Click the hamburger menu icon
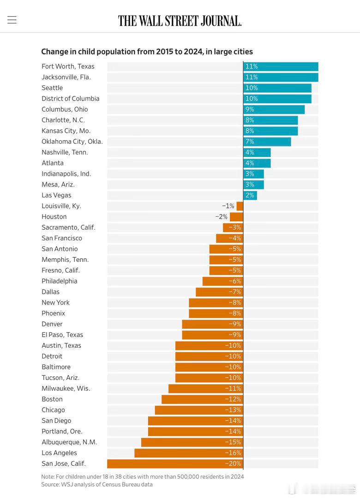[x=12, y=20]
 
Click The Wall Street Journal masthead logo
[x=180, y=21]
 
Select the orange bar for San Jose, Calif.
[x=175, y=463]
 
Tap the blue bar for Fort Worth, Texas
[x=281, y=66]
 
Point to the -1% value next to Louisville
[x=228, y=206]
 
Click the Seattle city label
[x=52, y=88]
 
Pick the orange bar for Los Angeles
[x=189, y=453]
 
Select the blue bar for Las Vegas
[x=250, y=195]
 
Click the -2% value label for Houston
[x=222, y=217]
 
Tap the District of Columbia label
[x=70, y=99]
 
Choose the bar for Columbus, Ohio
[x=274, y=109]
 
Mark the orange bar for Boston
[x=202, y=399]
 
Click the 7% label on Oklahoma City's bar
[x=250, y=142]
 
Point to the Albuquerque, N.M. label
[x=69, y=442]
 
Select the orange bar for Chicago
[x=199, y=410]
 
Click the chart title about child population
[x=147, y=52]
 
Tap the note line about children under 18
[x=143, y=476]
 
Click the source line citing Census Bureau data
[x=97, y=484]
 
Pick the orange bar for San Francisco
[x=229, y=238]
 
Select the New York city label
[x=55, y=302]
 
